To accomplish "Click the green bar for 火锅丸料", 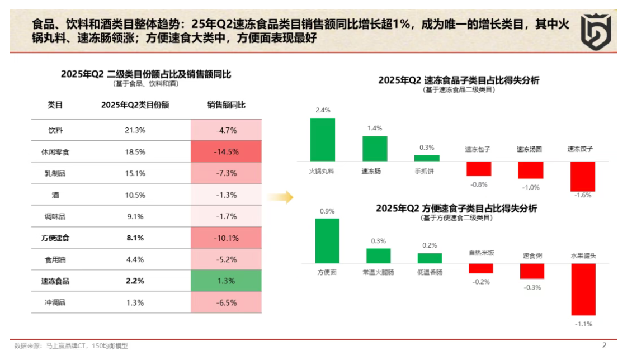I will [323, 140].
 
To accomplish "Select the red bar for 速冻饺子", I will [582, 176].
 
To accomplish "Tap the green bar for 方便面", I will [327, 241].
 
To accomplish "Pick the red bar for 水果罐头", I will [583, 290].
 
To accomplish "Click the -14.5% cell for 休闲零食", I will [226, 151].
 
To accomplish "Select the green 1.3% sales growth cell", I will [226, 281].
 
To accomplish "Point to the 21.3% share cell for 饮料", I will [135, 130].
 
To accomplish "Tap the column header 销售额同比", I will [226, 105].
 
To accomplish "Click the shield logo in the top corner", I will [597, 32].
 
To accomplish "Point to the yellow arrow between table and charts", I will [281, 197].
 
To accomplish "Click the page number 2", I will [604, 345].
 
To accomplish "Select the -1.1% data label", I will [583, 324].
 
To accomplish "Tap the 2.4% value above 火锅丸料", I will [323, 110].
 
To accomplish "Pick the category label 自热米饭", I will [482, 253].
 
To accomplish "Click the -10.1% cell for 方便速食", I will [226, 238].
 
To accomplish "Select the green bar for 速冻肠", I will [375, 149].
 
